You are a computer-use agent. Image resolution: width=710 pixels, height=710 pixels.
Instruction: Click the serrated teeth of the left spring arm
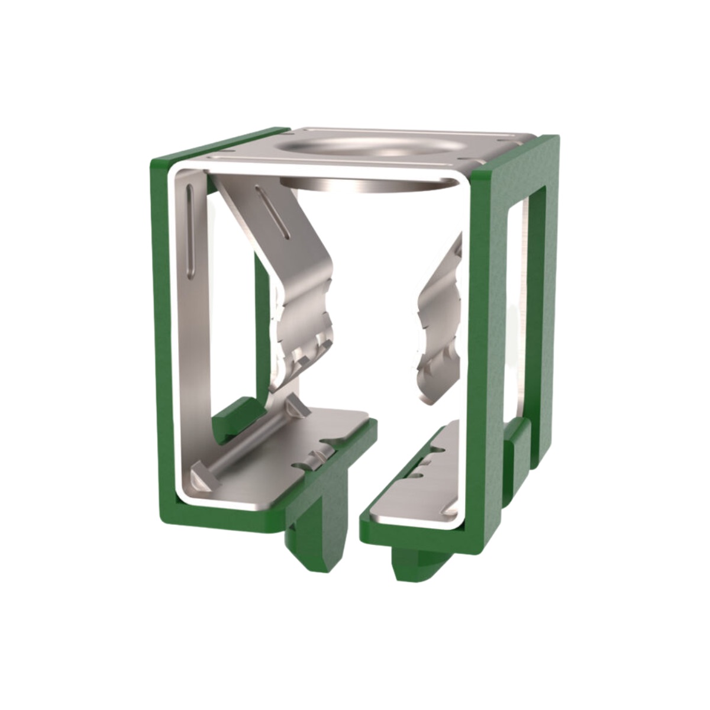[x=302, y=343]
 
